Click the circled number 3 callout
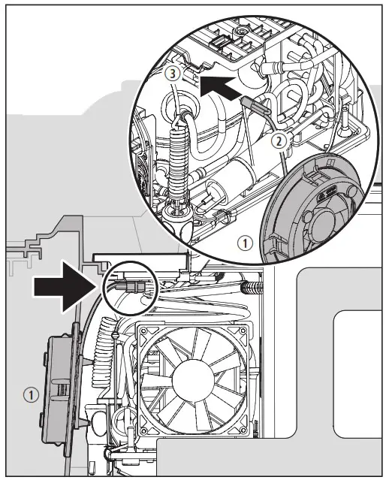[173, 74]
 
